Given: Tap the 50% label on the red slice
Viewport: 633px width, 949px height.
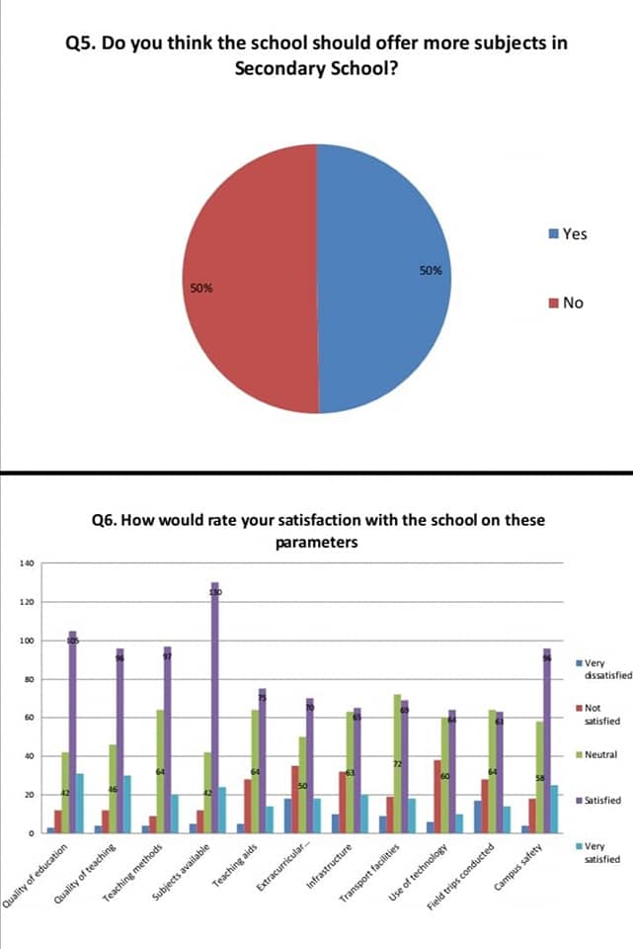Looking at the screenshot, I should tap(200, 289).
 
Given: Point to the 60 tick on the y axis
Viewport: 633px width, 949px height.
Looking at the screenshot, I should tap(29, 718).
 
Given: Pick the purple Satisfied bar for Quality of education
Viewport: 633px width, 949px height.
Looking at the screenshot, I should tap(72, 732).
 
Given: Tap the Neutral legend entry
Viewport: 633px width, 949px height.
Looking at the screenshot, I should tap(599, 755).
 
